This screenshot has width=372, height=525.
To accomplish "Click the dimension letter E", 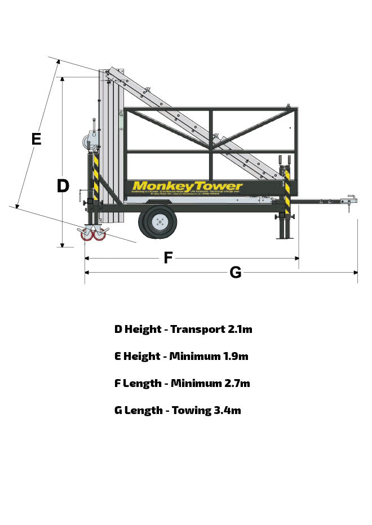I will pyautogui.click(x=36, y=138).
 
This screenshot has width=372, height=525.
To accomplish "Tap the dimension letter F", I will pyautogui.click(x=167, y=258).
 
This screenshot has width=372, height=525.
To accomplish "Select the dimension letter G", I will pyautogui.click(x=236, y=273).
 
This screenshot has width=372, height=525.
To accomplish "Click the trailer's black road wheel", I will pyautogui.click(x=158, y=222).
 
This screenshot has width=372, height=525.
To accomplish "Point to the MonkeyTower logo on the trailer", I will pyautogui.click(x=187, y=186).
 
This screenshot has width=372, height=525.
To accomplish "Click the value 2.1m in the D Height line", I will pyautogui.click(x=240, y=329).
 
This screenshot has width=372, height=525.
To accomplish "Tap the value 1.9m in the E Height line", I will pyautogui.click(x=236, y=356).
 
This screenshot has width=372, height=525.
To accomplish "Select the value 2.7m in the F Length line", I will pyautogui.click(x=237, y=383).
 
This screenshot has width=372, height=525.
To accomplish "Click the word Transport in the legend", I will pyautogui.click(x=198, y=330).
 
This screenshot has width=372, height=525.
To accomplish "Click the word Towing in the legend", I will pyautogui.click(x=191, y=410).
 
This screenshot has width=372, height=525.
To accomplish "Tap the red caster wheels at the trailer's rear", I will pyautogui.click(x=93, y=234).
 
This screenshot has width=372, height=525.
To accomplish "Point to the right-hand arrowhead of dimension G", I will pyautogui.click(x=355, y=273).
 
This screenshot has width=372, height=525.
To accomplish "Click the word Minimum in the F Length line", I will pyautogui.click(x=196, y=383).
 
